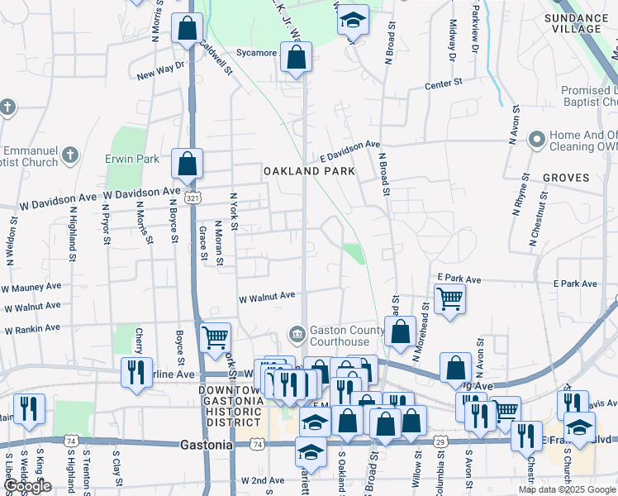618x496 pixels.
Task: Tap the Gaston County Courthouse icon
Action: pos(297,335)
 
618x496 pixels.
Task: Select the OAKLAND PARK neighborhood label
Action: pos(309,171)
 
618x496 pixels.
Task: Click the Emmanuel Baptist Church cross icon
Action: pos(70,155)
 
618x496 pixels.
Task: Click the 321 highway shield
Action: pos(192,198)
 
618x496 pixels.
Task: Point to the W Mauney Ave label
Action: pos(32,289)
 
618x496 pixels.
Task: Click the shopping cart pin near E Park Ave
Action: pos(449,298)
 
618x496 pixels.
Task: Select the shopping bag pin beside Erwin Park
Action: pos(188,163)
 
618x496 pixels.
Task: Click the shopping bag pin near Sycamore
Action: pos(296,59)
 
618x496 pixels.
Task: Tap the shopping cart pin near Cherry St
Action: pos(215,337)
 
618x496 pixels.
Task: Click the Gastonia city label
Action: pos(206,445)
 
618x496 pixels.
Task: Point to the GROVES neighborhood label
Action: pos(566,178)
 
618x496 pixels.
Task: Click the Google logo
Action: pos(27,487)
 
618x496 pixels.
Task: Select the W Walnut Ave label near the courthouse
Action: pos(267,296)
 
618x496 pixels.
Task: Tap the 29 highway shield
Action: pos(440,444)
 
